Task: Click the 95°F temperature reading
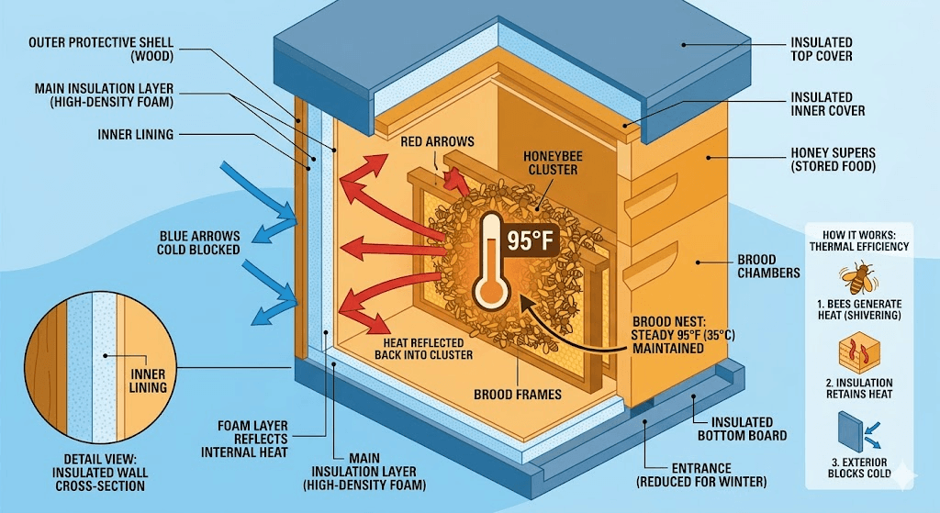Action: click(x=532, y=240)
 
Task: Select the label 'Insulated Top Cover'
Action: click(x=821, y=50)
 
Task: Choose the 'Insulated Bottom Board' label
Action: click(x=742, y=429)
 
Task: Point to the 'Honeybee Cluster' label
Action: click(x=553, y=162)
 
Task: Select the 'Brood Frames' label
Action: click(x=519, y=395)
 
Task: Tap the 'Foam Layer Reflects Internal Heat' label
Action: click(x=253, y=439)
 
